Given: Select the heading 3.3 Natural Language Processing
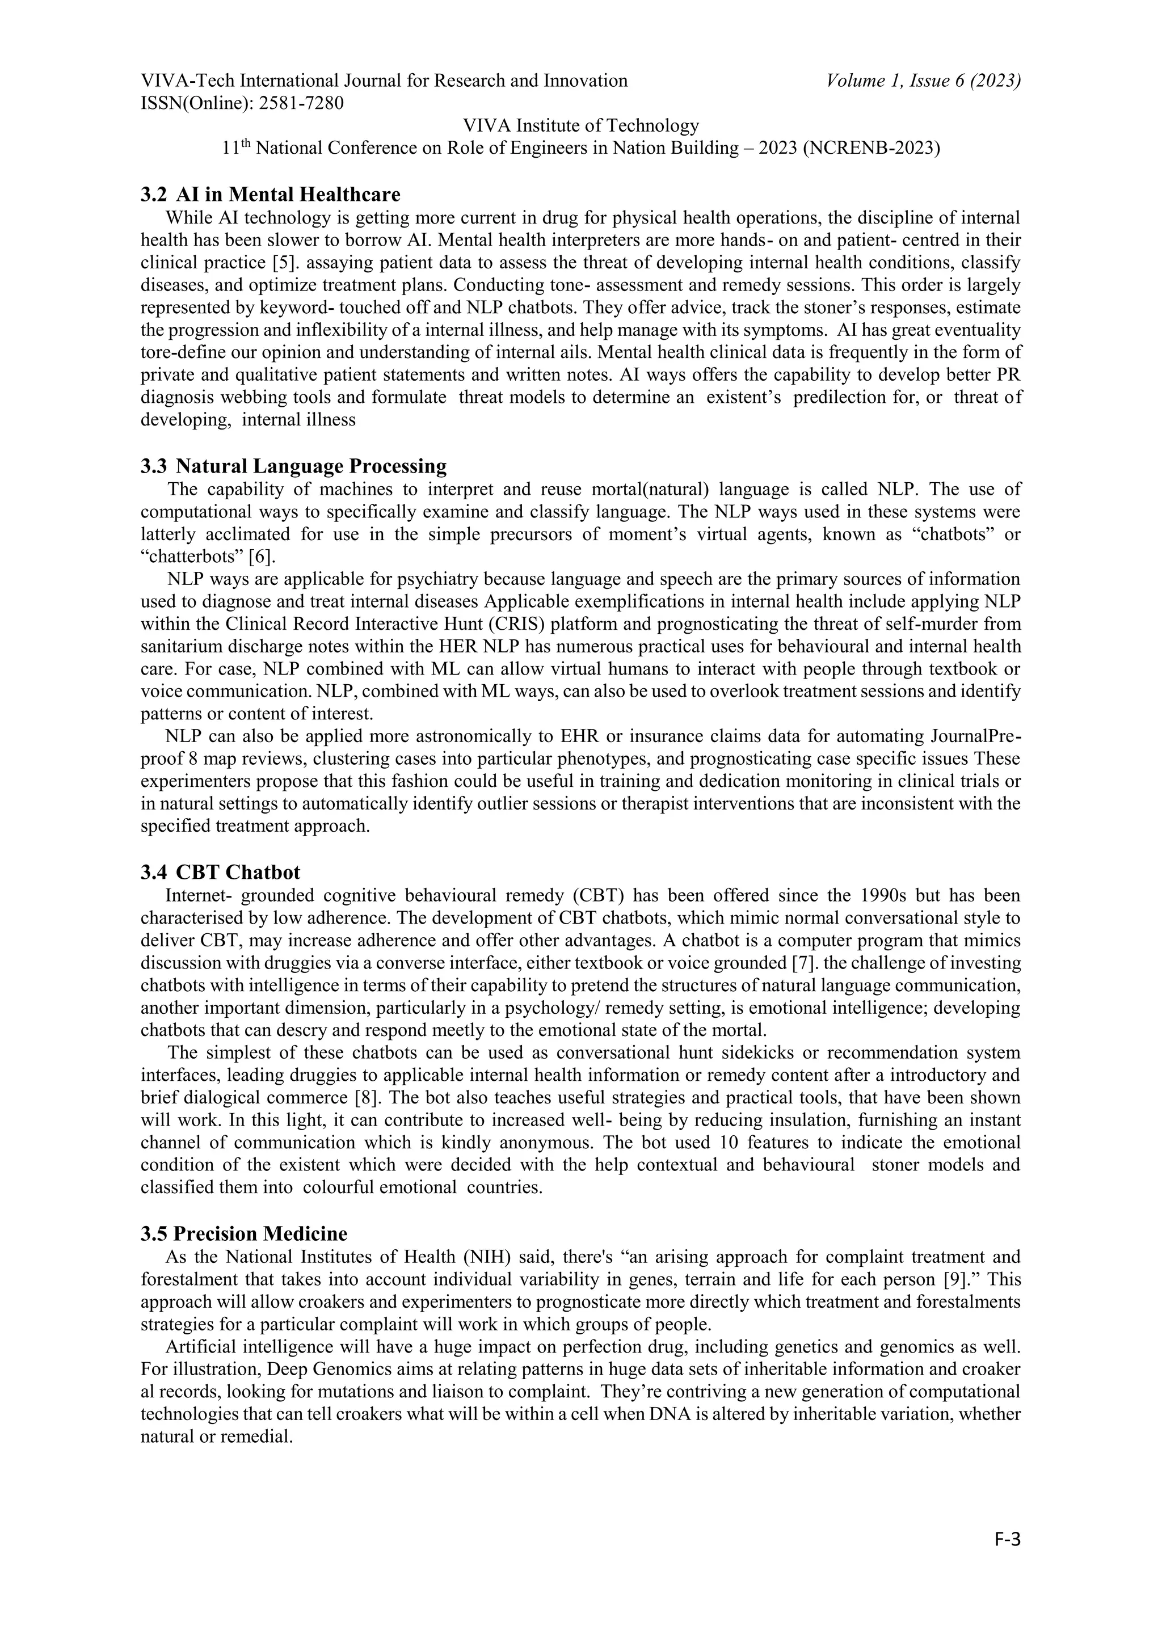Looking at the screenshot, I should coord(293,466).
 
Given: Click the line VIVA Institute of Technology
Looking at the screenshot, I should coord(580,126).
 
